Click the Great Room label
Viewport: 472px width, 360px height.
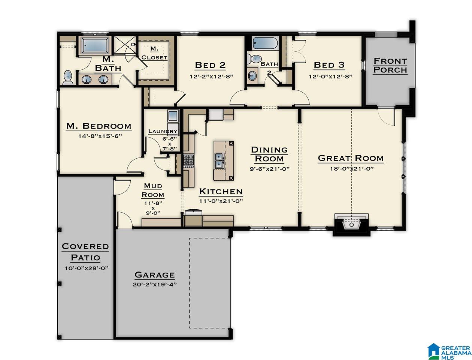tap(351, 158)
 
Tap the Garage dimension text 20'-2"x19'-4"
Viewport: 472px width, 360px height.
tap(155, 284)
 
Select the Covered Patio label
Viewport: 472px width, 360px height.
tap(85, 252)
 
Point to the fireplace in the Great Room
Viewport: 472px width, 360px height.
tap(351, 224)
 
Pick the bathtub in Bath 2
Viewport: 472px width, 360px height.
tap(265, 43)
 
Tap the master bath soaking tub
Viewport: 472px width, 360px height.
tap(95, 46)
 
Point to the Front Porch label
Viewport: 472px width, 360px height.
tap(390, 65)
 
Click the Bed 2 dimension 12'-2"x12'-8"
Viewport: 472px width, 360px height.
tap(211, 76)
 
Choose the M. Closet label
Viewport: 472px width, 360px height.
tap(154, 53)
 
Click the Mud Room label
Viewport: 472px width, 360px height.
tap(153, 190)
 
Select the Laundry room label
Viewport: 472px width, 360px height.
tap(163, 131)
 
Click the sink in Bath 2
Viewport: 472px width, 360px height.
tap(252, 75)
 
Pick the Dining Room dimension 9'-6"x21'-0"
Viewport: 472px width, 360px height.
tap(270, 169)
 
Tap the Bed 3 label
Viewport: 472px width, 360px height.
tap(329, 65)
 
